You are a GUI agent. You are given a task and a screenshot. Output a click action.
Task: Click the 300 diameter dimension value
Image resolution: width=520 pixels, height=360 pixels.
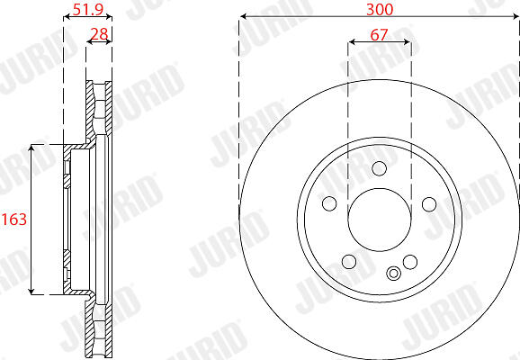pos(380,9)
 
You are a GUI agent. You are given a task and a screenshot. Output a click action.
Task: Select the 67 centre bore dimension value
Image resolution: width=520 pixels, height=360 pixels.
pos(379,34)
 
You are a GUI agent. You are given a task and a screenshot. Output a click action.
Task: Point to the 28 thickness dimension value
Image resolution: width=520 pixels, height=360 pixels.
pos(100,34)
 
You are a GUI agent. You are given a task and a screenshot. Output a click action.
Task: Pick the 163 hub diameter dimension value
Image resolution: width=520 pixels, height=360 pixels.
pos(13,220)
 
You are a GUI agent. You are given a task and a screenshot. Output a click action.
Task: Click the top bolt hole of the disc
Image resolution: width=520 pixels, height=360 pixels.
pos(379,168)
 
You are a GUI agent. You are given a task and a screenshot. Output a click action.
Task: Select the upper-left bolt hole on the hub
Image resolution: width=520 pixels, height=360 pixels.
pos(329,203)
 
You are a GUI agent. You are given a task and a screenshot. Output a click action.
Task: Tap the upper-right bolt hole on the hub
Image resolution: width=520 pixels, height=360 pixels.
pos(429,204)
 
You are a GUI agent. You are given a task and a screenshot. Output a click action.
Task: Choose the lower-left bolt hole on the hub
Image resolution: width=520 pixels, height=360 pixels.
pos(349,262)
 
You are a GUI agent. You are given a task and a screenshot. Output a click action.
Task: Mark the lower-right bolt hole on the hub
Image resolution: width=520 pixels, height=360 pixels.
pos(410,262)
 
